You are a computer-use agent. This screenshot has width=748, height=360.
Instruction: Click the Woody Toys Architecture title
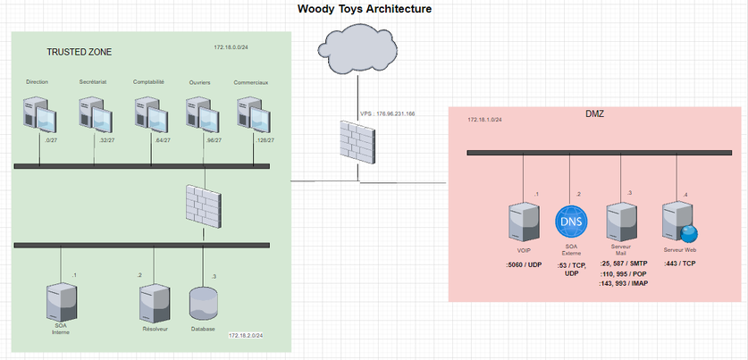[x=364, y=9]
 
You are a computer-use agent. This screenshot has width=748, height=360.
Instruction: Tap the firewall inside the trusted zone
[x=202, y=205]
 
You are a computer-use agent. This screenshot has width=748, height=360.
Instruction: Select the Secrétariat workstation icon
[x=95, y=115]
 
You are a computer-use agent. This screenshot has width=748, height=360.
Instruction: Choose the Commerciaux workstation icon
[x=253, y=114]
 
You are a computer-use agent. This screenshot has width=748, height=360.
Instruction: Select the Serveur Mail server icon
[x=620, y=221]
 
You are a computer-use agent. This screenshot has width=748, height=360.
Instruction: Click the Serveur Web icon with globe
[x=679, y=221]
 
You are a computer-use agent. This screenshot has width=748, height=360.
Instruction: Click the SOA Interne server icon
[x=61, y=301]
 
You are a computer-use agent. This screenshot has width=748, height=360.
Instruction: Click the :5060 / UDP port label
[x=525, y=264]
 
